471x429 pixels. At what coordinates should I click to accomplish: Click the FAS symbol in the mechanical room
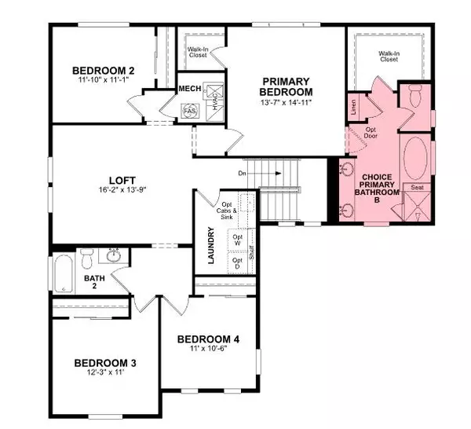coord(189,112)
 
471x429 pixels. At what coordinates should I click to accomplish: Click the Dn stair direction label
coord(242,171)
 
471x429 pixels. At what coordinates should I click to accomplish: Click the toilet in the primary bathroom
coord(413,98)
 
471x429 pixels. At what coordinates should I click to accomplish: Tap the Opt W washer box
coord(238,240)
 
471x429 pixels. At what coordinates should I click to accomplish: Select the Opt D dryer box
coord(238,265)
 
